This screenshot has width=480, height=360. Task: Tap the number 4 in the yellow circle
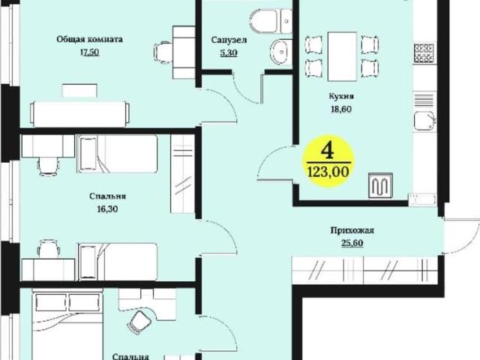(x=326, y=147)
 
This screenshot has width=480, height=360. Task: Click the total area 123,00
(x=327, y=171)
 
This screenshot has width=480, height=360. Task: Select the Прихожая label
(x=352, y=231)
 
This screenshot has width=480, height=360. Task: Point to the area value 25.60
(x=352, y=243)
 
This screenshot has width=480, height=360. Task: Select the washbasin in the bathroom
(x=280, y=52)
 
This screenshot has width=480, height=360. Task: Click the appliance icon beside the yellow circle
(x=380, y=184)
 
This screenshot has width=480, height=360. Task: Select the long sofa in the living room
(x=79, y=112)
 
